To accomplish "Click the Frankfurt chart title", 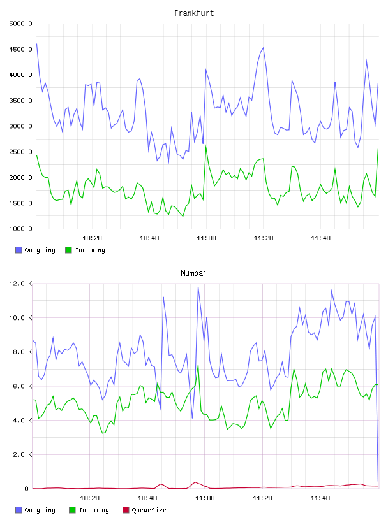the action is pos(194,13).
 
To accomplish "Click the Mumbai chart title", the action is pos(193,273).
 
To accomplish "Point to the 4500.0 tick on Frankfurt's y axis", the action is pos(21,50).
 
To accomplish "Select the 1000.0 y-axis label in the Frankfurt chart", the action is pos(21,229).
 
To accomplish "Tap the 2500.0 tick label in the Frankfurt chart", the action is pos(21,152).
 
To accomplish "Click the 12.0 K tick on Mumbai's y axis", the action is pos(21,284).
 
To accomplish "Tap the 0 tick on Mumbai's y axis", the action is pos(27,489).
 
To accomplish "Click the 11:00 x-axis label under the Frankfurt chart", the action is pos(206,238).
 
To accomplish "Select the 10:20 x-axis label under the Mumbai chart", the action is pos(90,498).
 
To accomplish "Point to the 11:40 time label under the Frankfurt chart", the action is pos(320,238).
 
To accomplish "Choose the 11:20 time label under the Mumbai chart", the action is pos(262,498).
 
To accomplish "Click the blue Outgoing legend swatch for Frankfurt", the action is pos(19,250).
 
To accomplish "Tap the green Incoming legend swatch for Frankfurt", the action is pos(68,250).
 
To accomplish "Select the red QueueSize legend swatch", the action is pos(126,510).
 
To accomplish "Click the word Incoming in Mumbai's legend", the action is pos(94,510).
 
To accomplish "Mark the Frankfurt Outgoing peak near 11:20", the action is pos(263,48).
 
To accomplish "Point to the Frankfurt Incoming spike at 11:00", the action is pos(206,147).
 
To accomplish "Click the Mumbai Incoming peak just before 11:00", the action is pos(198,363).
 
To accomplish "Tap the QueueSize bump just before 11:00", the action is pos(195,482).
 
